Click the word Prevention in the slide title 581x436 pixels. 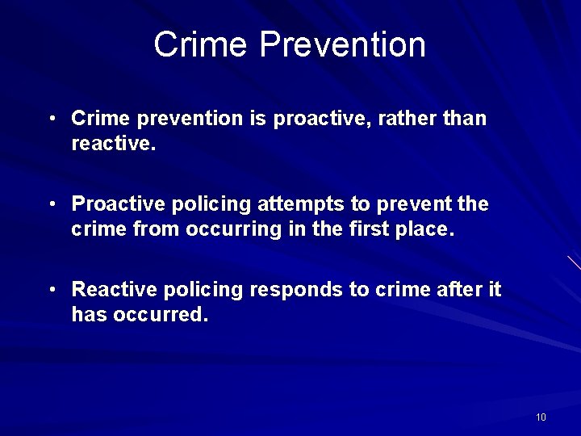(342, 44)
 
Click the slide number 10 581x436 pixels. (541, 417)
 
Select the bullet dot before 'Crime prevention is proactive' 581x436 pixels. (51, 119)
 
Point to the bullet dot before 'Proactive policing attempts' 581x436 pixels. (51, 204)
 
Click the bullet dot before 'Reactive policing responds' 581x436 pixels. (51, 289)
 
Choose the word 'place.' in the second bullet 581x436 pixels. (425, 229)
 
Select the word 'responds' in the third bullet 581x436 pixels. (286, 289)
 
